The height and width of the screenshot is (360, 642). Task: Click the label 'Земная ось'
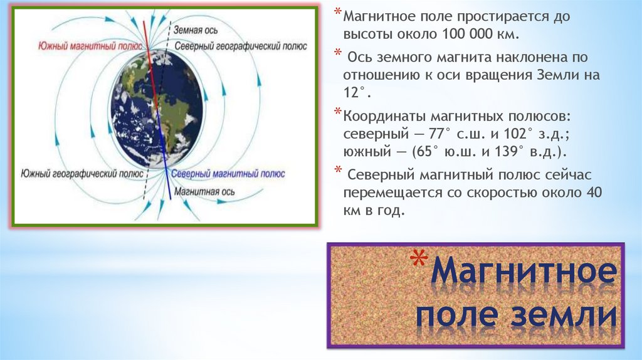196,30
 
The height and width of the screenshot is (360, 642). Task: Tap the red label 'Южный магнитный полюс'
90,46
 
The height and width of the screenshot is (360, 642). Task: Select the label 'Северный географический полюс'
241,46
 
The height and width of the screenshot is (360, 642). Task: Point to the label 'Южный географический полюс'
82,174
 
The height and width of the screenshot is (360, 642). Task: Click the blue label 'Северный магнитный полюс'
228,174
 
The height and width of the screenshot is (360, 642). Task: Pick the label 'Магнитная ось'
204,192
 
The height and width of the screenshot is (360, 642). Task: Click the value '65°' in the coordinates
426,152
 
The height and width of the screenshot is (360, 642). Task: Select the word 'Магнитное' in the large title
524,271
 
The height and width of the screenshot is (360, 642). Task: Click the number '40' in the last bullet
594,192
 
